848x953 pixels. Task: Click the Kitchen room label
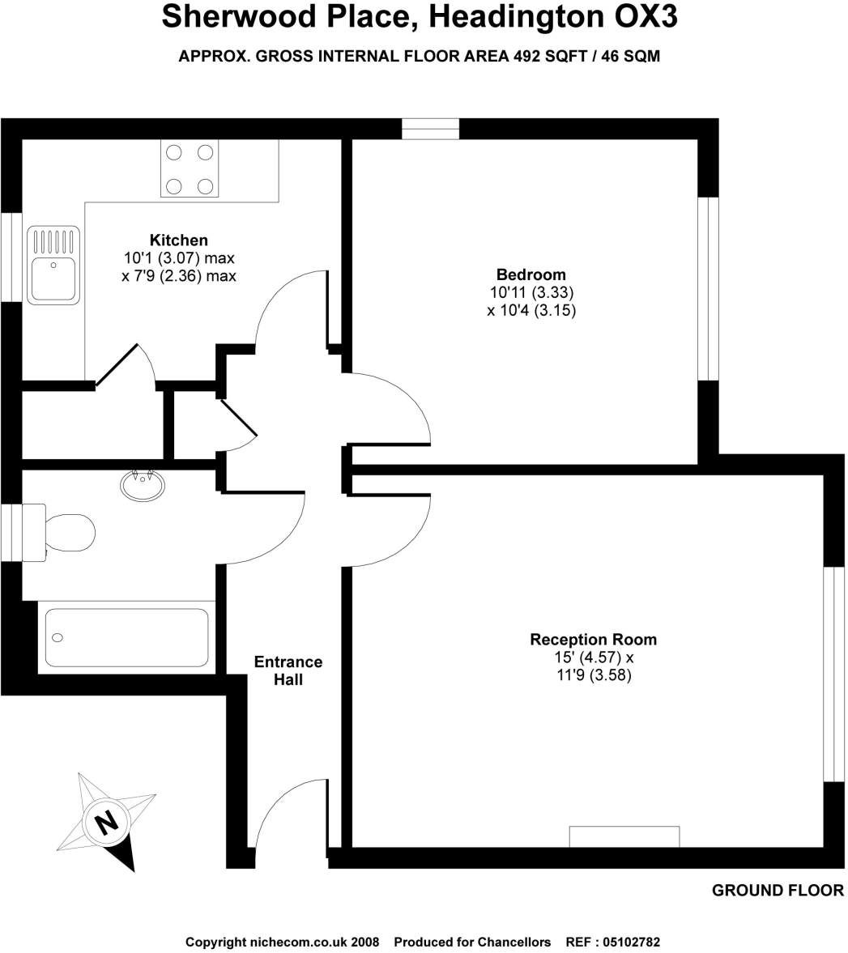coord(178,240)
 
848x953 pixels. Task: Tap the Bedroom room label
coord(531,274)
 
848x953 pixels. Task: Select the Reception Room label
coord(593,640)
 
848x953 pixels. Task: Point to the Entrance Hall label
coord(288,670)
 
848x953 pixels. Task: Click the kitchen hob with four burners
coord(190,168)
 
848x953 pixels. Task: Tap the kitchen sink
coord(53,265)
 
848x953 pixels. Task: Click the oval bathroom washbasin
coord(143,485)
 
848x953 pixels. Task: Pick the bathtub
coord(127,637)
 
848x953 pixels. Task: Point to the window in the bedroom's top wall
coord(430,129)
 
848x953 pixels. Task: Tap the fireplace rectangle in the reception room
coord(624,836)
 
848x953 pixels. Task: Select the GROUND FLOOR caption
coord(778,891)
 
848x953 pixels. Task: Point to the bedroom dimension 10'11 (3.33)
coord(531,292)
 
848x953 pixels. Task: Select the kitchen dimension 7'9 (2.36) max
coord(178,276)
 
